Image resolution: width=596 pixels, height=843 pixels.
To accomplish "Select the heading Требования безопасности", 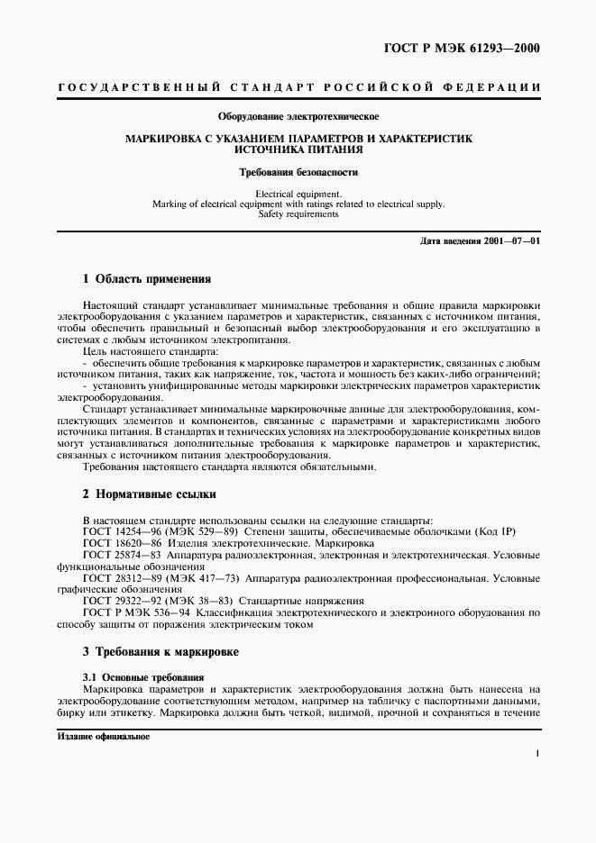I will coord(298,171).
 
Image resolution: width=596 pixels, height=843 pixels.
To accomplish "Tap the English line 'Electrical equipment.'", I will coord(298,194).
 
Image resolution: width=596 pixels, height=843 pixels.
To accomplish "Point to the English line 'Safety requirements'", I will coord(298,214).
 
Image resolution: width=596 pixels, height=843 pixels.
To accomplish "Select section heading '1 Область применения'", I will coord(146,279).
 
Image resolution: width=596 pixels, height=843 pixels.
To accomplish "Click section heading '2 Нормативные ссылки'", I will coord(149,494).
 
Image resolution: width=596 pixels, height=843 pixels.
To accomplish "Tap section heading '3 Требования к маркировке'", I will coord(160,651).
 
